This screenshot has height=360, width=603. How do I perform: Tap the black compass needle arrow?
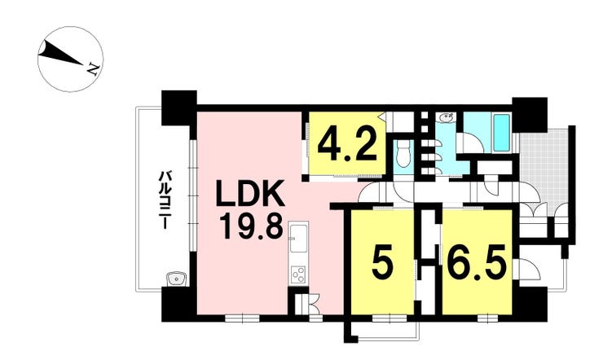pyautogui.click(x=60, y=53)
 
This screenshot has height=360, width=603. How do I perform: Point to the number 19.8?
pyautogui.click(x=252, y=227)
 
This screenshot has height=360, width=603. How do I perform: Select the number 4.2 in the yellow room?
pyautogui.click(x=347, y=146)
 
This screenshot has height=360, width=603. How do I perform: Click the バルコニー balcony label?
pyautogui.click(x=165, y=200)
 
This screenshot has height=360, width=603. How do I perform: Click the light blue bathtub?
pyautogui.click(x=501, y=133)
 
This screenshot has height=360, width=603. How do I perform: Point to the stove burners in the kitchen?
pyautogui.click(x=298, y=274)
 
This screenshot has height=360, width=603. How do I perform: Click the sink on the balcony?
pyautogui.click(x=176, y=279)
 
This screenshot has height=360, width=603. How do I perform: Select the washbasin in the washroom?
pyautogui.click(x=447, y=116)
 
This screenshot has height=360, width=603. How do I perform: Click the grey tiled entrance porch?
pyautogui.click(x=543, y=167)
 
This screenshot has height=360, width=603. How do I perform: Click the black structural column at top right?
pyautogui.click(x=530, y=115)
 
